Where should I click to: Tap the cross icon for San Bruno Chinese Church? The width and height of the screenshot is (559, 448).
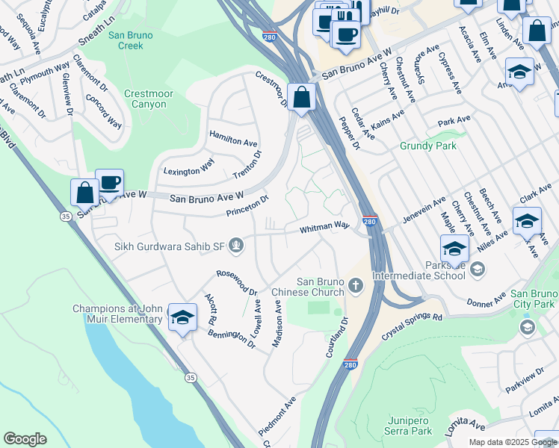(x=356, y=285)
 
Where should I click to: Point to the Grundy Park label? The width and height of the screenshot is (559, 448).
(x=427, y=146)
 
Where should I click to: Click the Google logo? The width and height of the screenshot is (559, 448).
(x=25, y=439)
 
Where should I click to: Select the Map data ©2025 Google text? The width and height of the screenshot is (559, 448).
(x=512, y=442)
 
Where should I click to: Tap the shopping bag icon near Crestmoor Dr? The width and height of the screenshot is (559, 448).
(x=301, y=98)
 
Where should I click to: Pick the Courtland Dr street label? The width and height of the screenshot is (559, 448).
(x=337, y=336)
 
